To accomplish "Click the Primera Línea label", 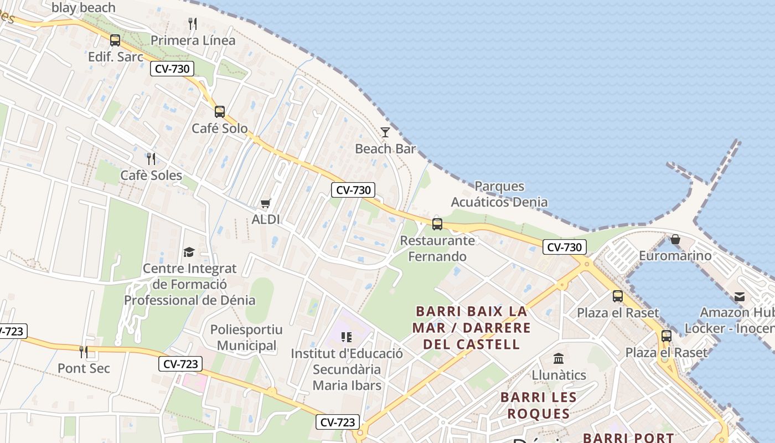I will click(x=193, y=40).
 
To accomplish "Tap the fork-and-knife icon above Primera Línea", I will click(x=193, y=24).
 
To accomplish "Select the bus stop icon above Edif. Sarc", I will click(x=115, y=40).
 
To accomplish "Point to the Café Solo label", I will click(x=220, y=128).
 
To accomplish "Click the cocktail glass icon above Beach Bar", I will click(x=385, y=132).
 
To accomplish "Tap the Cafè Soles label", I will click(x=151, y=176).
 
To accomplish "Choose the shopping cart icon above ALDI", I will click(x=266, y=203).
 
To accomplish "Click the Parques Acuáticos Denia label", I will click(x=499, y=194).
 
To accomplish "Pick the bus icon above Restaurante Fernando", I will click(x=437, y=224).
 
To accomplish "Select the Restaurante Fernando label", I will click(x=437, y=249).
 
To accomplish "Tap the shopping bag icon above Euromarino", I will click(x=675, y=239).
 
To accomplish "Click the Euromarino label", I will click(x=675, y=256).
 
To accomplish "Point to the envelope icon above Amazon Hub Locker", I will click(x=740, y=297).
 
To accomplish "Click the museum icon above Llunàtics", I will click(x=559, y=358).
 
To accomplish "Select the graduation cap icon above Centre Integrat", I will click(x=189, y=253).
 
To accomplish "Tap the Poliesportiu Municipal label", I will click(x=246, y=337).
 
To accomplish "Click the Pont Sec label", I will click(x=84, y=368).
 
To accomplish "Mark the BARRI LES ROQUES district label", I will click(x=539, y=405).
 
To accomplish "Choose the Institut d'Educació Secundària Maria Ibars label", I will click(x=347, y=369).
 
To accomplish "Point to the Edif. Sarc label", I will click(x=116, y=56).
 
